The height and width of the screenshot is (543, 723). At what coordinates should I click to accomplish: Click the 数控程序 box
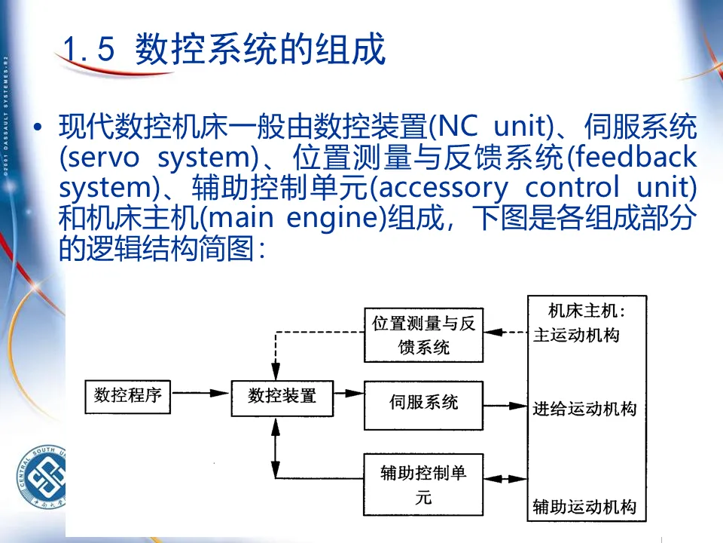click(x=128, y=395)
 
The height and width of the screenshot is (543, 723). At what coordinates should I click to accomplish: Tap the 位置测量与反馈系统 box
click(x=423, y=335)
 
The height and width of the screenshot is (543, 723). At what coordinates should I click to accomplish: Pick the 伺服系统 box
click(x=423, y=403)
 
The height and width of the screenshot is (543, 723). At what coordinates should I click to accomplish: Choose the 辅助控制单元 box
click(x=423, y=484)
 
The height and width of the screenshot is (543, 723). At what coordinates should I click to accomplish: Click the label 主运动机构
click(x=576, y=335)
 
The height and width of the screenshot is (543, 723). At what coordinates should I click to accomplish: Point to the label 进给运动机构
click(x=584, y=410)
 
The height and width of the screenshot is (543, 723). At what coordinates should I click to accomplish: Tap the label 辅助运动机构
click(x=584, y=506)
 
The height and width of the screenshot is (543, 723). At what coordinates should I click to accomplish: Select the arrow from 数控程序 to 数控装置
click(x=201, y=393)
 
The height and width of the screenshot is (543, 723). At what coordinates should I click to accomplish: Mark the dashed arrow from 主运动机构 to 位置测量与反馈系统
click(x=506, y=332)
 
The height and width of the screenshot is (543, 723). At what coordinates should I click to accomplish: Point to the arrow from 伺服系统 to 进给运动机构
click(x=506, y=406)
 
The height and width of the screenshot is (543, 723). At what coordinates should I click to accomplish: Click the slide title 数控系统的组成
click(x=260, y=51)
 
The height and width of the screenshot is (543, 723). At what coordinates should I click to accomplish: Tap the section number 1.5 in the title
click(x=88, y=51)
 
